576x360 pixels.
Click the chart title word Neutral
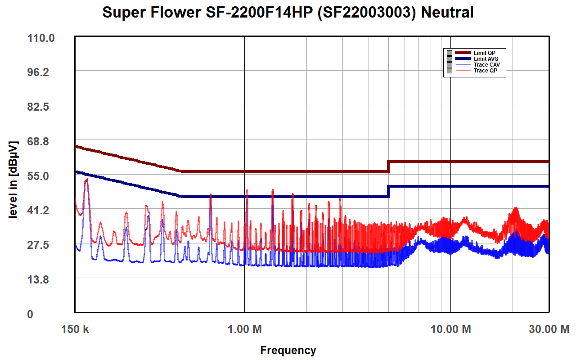pyautogui.click(x=447, y=12)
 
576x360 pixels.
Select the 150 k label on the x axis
pyautogui.click(x=75, y=329)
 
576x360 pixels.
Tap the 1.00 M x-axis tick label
pyautogui.click(x=244, y=329)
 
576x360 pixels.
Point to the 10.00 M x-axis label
pyautogui.click(x=450, y=329)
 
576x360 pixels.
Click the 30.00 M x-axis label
pyautogui.click(x=549, y=329)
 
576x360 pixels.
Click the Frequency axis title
pyautogui.click(x=288, y=350)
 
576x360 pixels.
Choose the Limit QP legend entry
pyautogui.click(x=484, y=53)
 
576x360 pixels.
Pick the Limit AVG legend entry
pyautogui.click(x=486, y=59)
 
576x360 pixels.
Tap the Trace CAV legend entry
pyautogui.click(x=486, y=65)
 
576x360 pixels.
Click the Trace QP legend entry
pyautogui.click(x=485, y=71)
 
